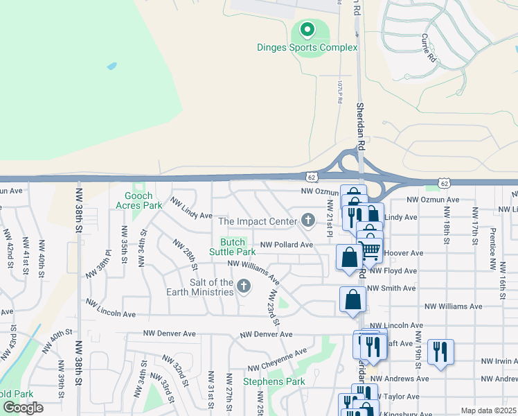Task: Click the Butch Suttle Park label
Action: (233, 247)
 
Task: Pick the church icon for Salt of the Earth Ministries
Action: (243, 286)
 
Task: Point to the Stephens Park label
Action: (274, 381)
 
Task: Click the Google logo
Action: (23, 407)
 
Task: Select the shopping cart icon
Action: (371, 250)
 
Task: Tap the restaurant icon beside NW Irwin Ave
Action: (440, 351)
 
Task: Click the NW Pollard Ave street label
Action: (287, 245)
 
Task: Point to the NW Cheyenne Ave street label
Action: (277, 360)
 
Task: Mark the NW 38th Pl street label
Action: (98, 264)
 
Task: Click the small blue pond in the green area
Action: (111, 67)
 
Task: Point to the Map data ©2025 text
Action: (488, 410)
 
